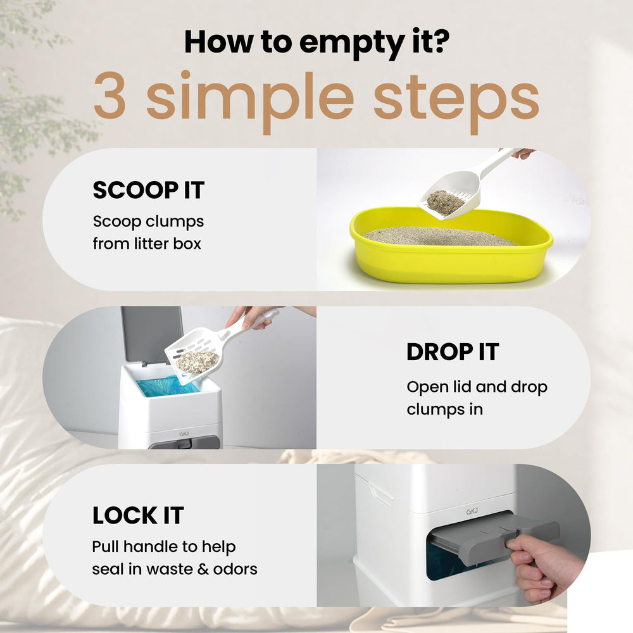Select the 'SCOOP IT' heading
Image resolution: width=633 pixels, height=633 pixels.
coord(148,190)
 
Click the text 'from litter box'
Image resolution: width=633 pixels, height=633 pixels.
coord(146,244)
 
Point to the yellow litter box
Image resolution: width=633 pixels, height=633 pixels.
coord(451,253)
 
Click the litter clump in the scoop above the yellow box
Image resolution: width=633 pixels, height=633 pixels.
coord(445,202)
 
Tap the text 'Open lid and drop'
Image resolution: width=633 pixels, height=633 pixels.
coord(477,387)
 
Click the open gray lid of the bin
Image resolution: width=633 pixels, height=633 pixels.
coord(151,334)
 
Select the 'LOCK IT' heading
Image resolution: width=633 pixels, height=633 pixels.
coord(137,516)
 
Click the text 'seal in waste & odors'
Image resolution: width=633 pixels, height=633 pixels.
coord(174,568)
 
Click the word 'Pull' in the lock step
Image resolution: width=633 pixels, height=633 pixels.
coord(105,546)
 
